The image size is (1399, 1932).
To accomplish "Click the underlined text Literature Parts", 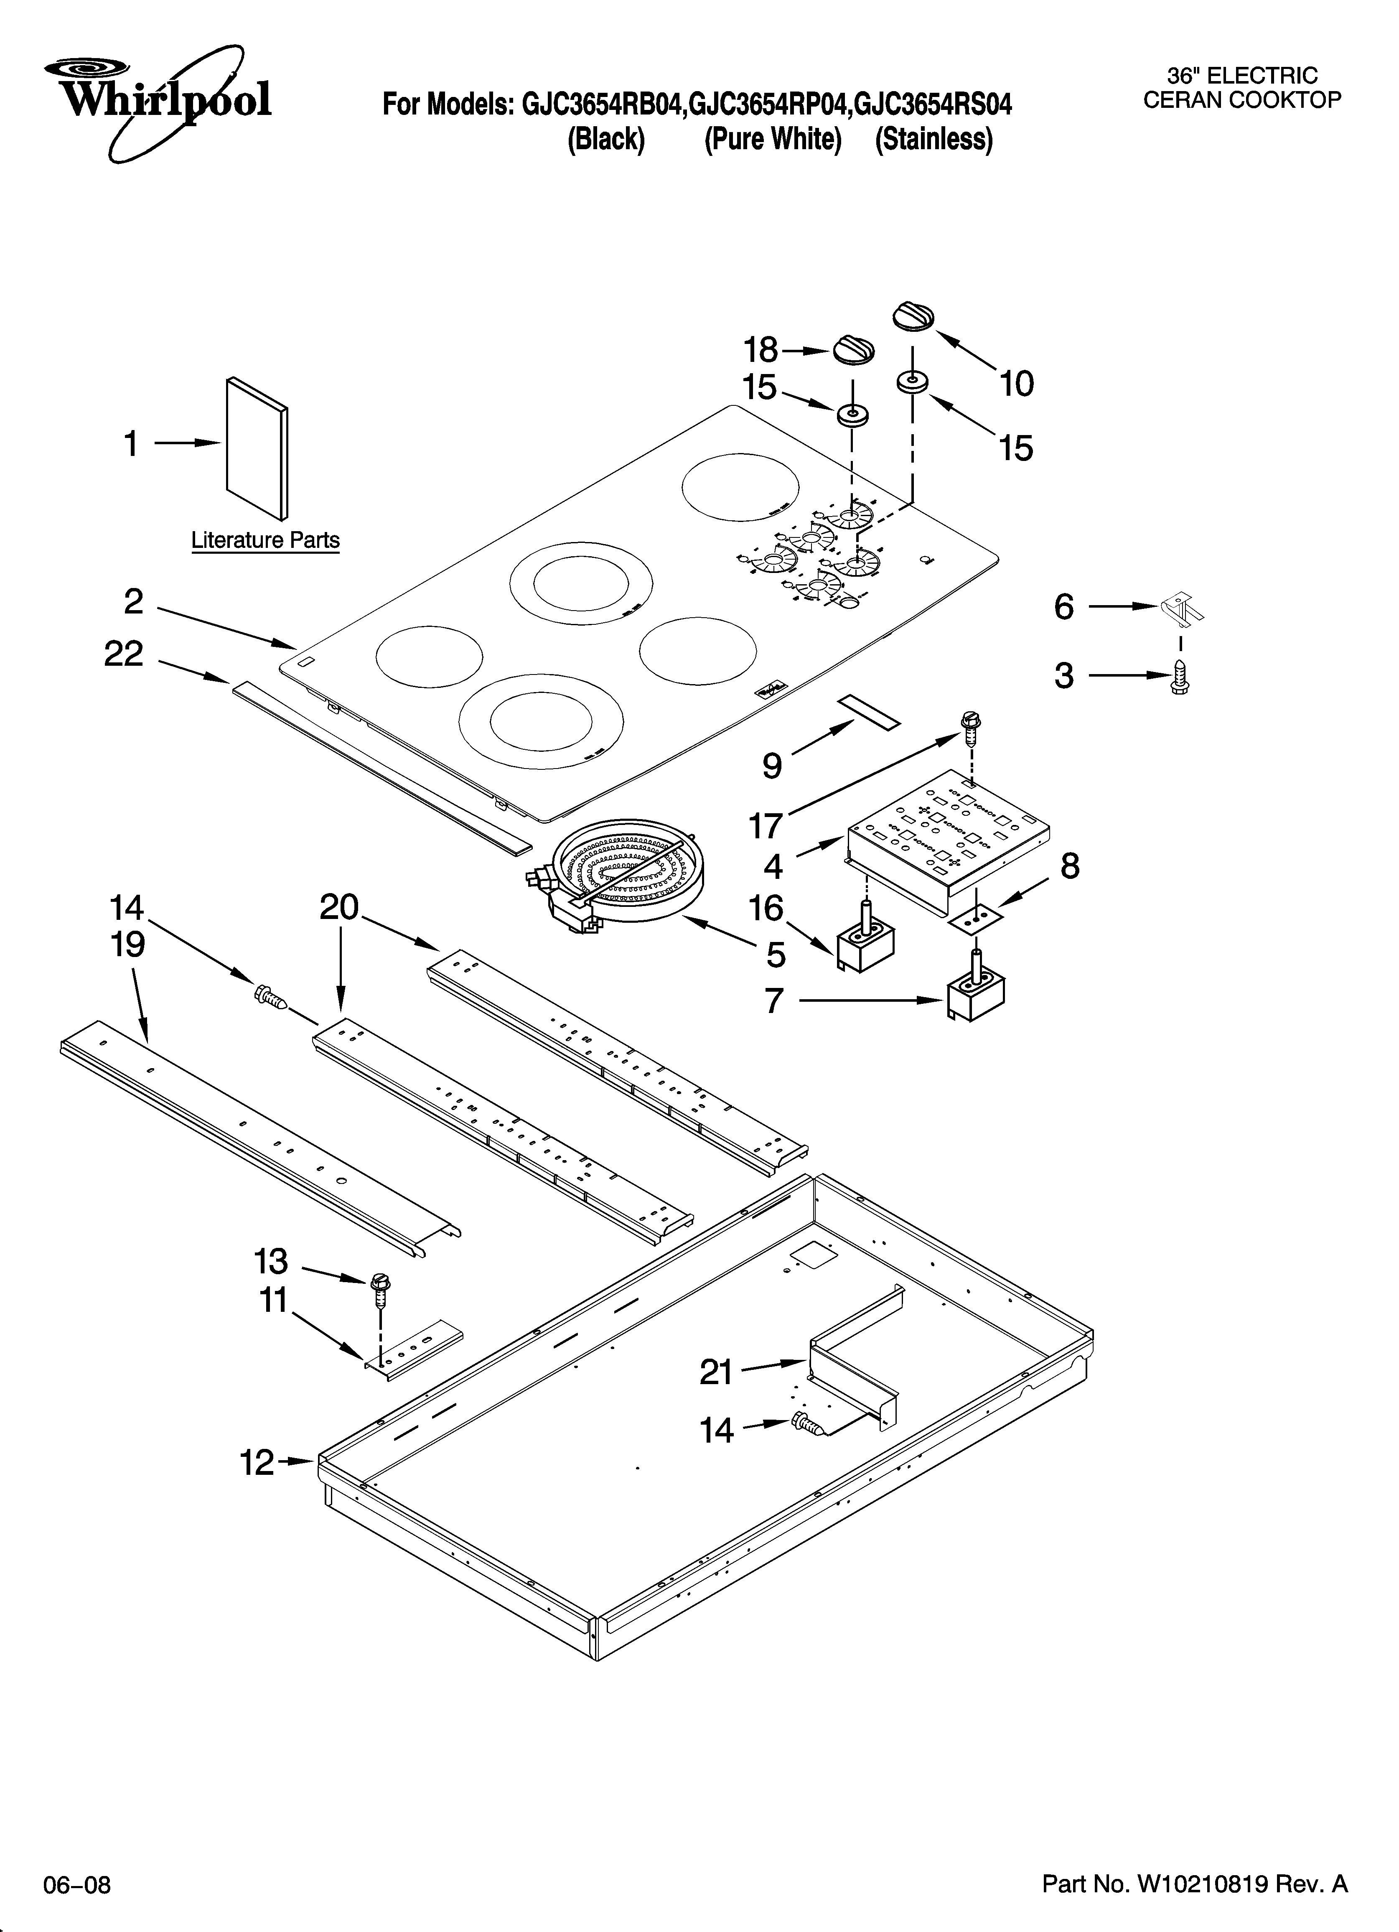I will [x=265, y=540].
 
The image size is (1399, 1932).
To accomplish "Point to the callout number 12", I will [x=257, y=1464].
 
